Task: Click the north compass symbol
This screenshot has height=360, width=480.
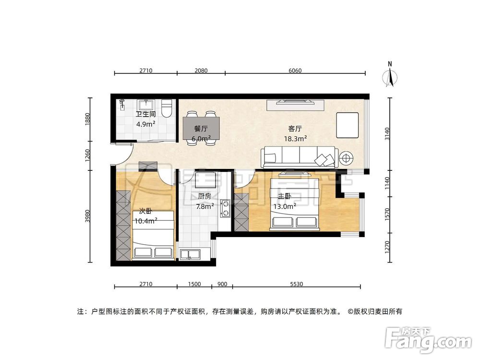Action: coord(391,76)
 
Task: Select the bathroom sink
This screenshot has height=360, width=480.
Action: coord(144,105)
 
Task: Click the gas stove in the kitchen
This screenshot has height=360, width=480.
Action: coord(225,207)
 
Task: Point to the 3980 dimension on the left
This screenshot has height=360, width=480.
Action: coord(88,216)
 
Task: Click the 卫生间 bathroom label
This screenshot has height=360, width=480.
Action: coord(145,115)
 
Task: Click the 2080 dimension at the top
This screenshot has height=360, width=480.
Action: coord(201,71)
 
